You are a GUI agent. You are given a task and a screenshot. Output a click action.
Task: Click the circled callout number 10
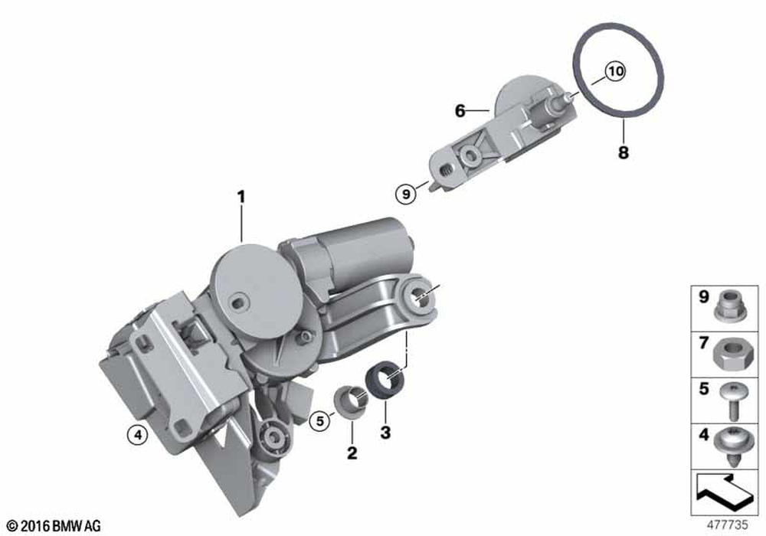616,71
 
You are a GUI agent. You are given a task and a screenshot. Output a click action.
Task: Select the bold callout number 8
624,152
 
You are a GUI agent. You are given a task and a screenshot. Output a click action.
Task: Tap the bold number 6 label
460,111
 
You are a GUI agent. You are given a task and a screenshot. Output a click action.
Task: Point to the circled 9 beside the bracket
406,194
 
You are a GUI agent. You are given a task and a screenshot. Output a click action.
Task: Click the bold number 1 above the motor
241,198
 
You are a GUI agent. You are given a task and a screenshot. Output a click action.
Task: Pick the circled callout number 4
138,434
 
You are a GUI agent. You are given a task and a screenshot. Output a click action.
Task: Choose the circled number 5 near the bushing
320,420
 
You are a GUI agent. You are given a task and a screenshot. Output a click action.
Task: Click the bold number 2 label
352,453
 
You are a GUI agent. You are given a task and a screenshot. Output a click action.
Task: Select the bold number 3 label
385,432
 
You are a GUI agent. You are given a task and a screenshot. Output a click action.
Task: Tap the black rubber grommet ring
385,381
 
